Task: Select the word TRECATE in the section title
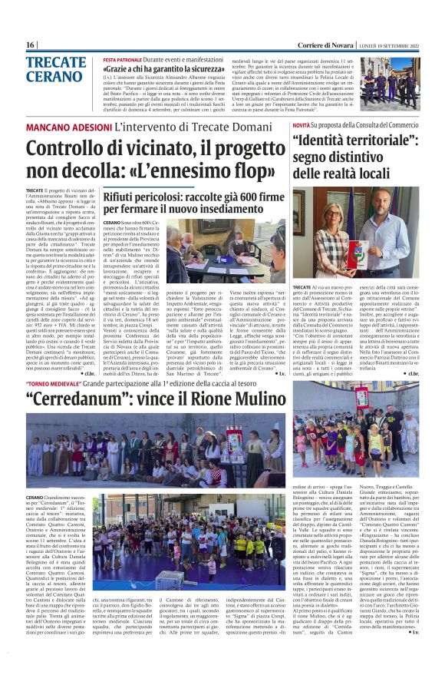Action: point(56,63)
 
